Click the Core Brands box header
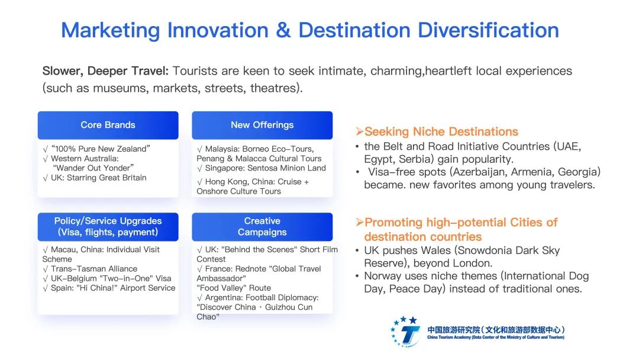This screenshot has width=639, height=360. [x=108, y=125]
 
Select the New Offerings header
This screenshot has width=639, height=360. [x=262, y=125]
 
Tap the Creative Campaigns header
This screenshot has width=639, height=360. [x=262, y=227]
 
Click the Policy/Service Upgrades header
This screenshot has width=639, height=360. [x=108, y=227]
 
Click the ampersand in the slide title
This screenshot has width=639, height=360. [x=283, y=31]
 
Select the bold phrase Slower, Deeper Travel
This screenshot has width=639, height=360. [x=105, y=71]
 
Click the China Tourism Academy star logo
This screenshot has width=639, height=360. [x=405, y=332]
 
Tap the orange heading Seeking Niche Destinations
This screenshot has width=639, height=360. [x=441, y=131]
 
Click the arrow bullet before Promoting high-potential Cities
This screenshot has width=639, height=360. [x=360, y=222]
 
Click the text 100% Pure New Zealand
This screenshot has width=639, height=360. [x=101, y=149]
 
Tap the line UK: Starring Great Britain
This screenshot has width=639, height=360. [x=99, y=178]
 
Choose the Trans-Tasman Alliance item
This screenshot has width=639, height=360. [x=94, y=269]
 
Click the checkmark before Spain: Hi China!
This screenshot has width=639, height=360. [x=45, y=288]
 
